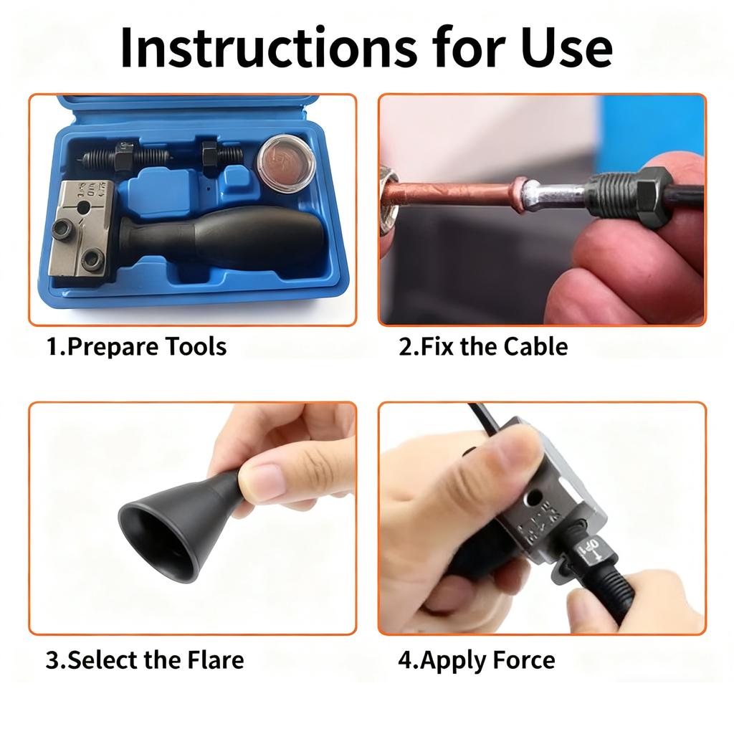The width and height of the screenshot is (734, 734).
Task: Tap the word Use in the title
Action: (566, 48)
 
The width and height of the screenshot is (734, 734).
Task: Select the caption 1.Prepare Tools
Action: (136, 347)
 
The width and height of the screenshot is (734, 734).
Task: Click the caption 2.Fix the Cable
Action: (483, 346)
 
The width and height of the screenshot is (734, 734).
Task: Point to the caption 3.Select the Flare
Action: (145, 660)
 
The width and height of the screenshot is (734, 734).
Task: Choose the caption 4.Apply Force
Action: (477, 660)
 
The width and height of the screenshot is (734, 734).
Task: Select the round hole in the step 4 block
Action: (533, 497)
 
